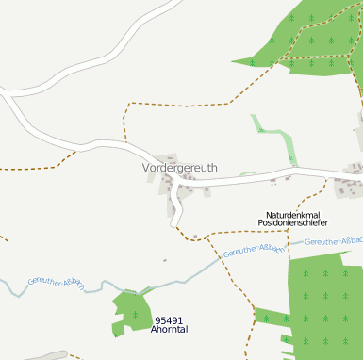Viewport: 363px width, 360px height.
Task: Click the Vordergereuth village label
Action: [179, 168]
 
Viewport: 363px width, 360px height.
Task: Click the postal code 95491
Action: [170, 320]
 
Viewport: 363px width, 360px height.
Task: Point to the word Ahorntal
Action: [170, 331]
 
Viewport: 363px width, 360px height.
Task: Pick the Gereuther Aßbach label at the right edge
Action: [335, 242]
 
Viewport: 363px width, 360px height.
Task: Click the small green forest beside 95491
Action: [132, 311]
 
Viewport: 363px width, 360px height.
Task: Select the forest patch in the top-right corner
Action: [311, 42]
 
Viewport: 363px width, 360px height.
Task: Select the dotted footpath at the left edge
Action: [28, 168]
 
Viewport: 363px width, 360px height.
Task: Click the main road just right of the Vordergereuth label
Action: [236, 180]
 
